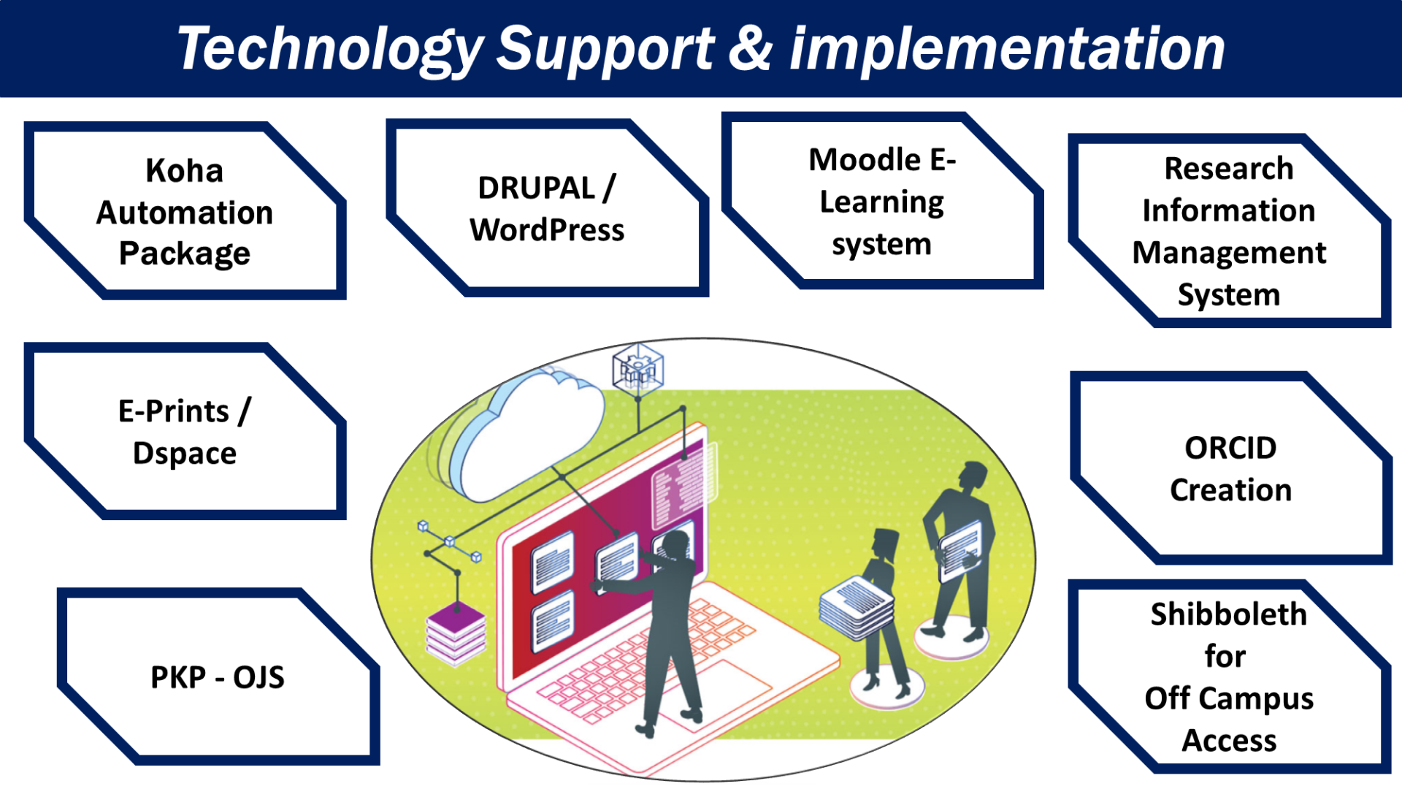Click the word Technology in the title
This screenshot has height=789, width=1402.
[x=330, y=50]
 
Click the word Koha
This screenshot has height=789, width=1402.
[x=184, y=171]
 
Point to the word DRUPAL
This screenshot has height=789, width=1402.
[x=536, y=188]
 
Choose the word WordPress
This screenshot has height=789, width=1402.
[x=547, y=231]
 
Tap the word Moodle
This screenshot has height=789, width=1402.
[x=865, y=160]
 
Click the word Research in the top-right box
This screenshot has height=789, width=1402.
[x=1228, y=169]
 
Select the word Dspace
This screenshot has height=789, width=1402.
[x=184, y=454]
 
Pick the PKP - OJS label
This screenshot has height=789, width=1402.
[x=217, y=677]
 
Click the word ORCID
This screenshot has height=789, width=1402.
[x=1230, y=448]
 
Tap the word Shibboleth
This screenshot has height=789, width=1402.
[x=1228, y=614]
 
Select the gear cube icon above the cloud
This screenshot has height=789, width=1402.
[x=637, y=368]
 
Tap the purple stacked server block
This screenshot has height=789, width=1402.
[x=456, y=633]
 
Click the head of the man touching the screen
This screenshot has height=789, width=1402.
[x=675, y=545]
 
